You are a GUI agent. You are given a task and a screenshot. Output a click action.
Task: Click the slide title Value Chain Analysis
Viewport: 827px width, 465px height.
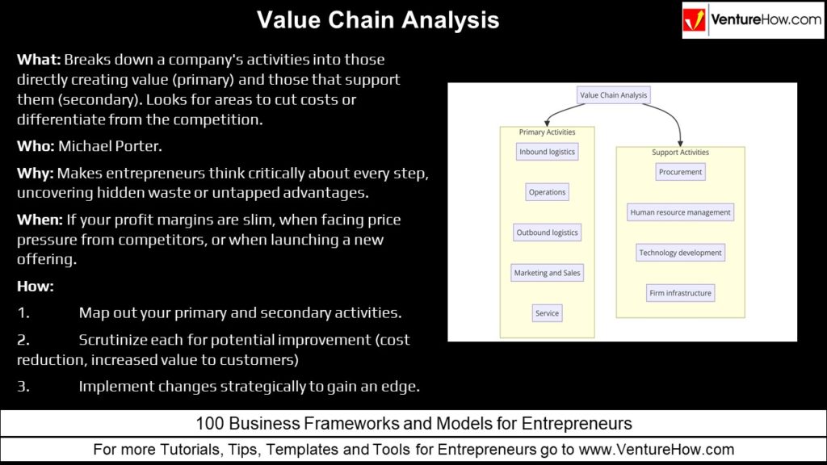(x=378, y=20)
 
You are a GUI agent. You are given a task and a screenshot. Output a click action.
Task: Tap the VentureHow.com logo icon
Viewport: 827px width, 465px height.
(x=695, y=20)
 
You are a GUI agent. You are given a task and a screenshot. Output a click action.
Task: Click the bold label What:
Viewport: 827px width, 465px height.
(x=39, y=60)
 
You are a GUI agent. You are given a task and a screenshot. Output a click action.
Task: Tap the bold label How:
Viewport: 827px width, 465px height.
(x=35, y=286)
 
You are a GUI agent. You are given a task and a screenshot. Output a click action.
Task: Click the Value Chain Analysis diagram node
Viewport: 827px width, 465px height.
(x=614, y=95)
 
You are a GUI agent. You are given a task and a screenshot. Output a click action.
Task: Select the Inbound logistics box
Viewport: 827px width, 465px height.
(x=548, y=152)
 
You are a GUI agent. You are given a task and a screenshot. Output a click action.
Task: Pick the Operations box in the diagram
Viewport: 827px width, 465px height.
(x=547, y=192)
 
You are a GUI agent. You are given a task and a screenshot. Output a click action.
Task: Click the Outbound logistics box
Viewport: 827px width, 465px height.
(x=548, y=232)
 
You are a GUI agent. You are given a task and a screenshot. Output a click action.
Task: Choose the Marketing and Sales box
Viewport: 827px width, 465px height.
(x=547, y=273)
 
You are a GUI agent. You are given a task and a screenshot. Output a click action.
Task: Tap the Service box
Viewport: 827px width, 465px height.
(x=547, y=313)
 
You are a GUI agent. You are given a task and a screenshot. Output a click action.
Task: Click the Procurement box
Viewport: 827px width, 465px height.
(x=680, y=172)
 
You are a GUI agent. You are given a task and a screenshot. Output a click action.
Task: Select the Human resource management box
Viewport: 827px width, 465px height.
(x=680, y=212)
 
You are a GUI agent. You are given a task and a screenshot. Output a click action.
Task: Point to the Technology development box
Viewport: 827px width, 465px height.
(x=680, y=253)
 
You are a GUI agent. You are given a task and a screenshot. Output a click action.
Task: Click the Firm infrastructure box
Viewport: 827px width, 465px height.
(x=680, y=293)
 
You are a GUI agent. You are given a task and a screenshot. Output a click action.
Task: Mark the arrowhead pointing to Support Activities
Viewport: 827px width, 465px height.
(x=681, y=142)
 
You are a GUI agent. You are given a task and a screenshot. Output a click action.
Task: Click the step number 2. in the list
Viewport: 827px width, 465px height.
(x=23, y=340)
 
